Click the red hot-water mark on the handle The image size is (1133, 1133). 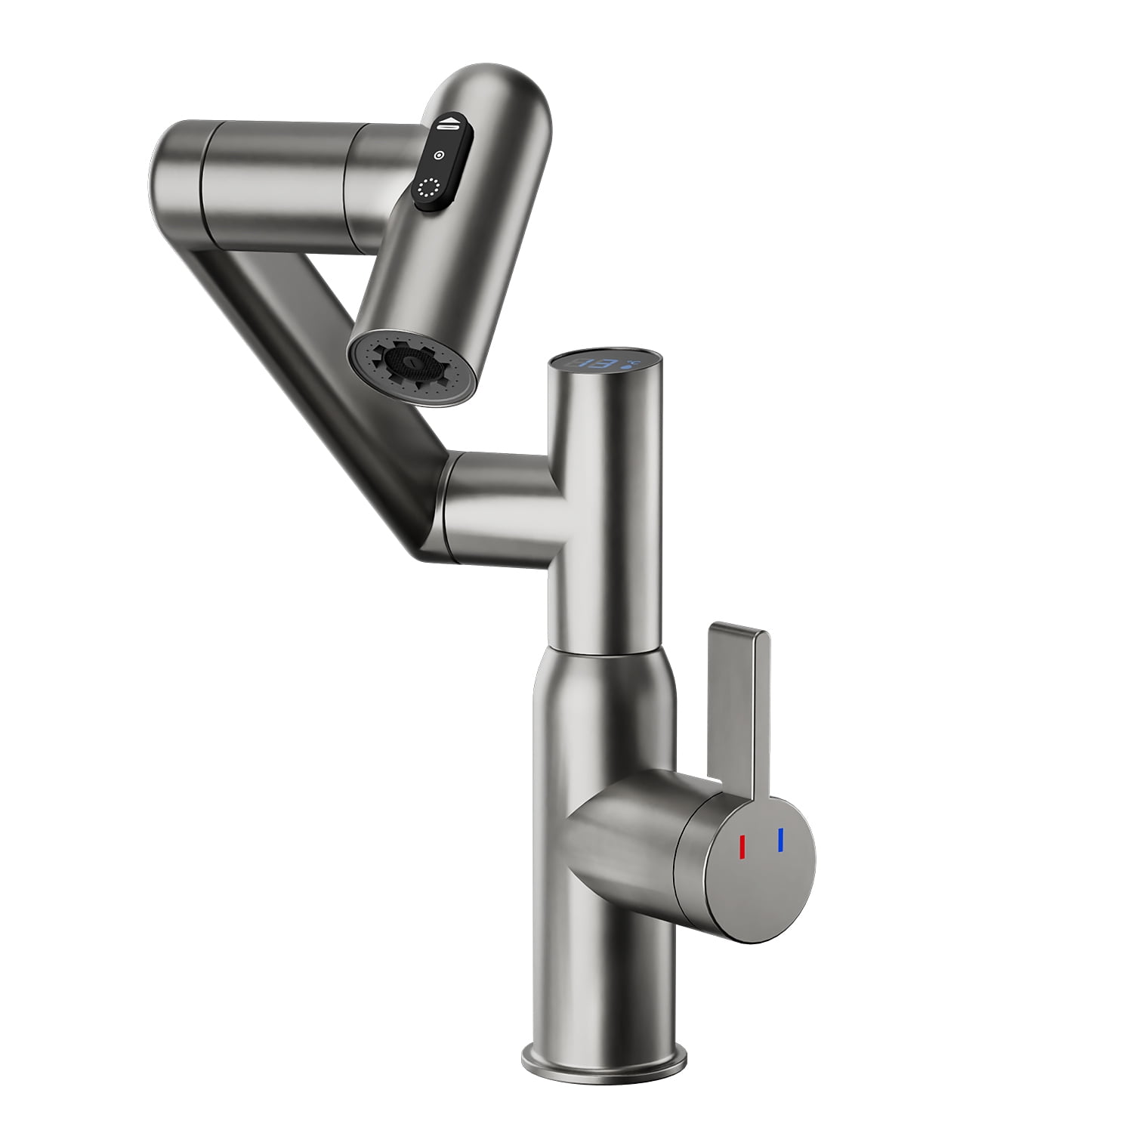click(x=742, y=847)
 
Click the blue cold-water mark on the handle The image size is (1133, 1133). click(x=780, y=839)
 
